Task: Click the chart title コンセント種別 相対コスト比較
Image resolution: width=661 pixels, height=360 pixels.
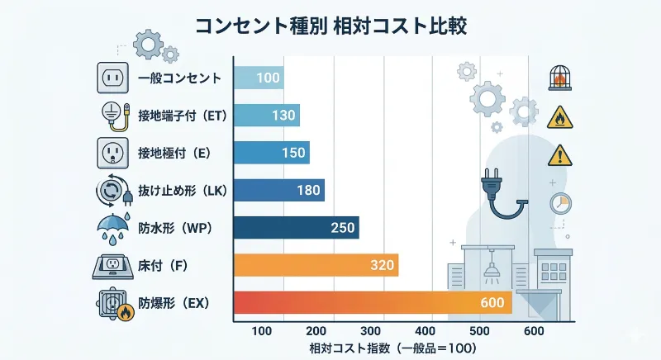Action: [x=330, y=25]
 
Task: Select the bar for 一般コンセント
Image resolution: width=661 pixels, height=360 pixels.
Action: [x=259, y=78]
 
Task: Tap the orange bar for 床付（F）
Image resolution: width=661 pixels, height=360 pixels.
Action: [x=316, y=265]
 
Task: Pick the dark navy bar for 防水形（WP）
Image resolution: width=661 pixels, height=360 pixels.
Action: [x=296, y=227]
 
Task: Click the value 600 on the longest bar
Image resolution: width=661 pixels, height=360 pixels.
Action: [x=492, y=303]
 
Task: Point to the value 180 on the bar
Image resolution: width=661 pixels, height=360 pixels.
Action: [x=308, y=190]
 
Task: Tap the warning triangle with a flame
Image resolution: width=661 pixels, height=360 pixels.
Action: [x=559, y=117]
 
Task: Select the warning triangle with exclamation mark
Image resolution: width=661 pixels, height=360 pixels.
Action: [x=559, y=154]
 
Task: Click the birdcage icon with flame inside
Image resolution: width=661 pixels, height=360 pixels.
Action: [x=559, y=79]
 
